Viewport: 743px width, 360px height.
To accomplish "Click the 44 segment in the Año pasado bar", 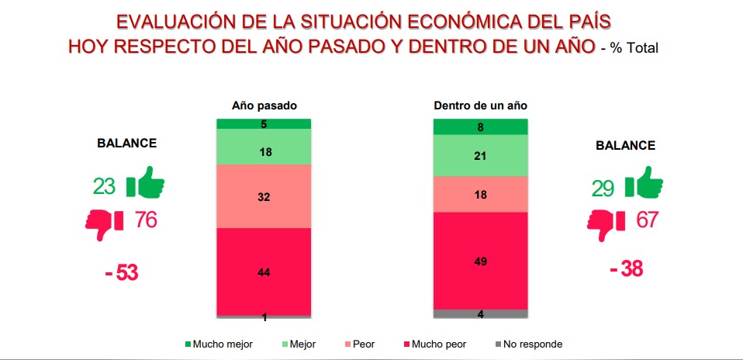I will pos(264,271).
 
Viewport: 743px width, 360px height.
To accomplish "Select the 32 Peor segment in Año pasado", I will pos(264,196).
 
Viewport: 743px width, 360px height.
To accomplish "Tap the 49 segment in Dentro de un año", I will pos(480,260).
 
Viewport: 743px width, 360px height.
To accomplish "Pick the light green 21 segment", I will pos(480,157).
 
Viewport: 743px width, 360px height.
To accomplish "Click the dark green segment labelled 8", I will pos(480,127).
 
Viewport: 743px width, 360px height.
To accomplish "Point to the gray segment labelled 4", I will pos(480,313).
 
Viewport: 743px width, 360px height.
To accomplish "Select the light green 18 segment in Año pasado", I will pos(264,152).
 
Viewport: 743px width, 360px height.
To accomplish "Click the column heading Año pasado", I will pos(264,106).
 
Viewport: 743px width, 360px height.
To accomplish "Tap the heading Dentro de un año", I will pos(480,106).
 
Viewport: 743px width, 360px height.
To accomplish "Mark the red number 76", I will pos(145,220).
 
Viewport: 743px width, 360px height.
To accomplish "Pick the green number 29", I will pos(602,187).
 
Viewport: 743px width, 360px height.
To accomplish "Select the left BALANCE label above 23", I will pos(126,144).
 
